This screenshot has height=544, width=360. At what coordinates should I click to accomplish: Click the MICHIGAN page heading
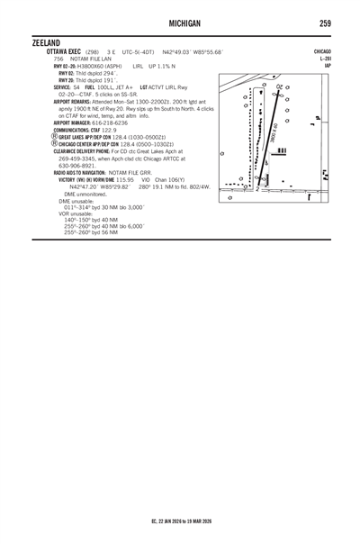180,23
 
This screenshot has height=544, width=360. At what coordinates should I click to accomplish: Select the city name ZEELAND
46,43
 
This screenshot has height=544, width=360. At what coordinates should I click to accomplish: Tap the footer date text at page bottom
180,521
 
